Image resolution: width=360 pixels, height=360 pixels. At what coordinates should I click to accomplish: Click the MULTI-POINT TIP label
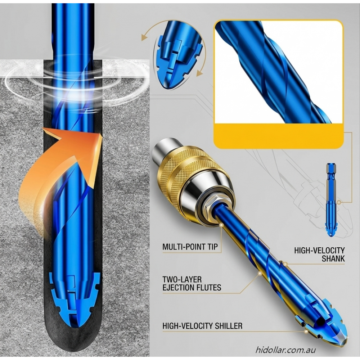(x=190, y=247)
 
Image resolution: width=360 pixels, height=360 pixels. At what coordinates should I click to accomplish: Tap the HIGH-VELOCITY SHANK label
(x=319, y=255)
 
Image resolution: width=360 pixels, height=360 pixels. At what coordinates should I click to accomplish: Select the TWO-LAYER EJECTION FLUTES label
(x=192, y=284)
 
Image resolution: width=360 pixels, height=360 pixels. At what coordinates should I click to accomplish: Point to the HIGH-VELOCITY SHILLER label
(x=202, y=326)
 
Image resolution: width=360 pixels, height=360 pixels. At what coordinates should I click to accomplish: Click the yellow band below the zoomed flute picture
(x=279, y=136)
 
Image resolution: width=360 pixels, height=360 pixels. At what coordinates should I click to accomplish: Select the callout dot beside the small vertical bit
(x=339, y=202)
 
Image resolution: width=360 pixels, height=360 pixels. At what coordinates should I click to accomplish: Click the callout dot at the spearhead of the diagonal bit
(x=306, y=332)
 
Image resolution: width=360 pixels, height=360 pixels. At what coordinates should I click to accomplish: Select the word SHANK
(x=333, y=258)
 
